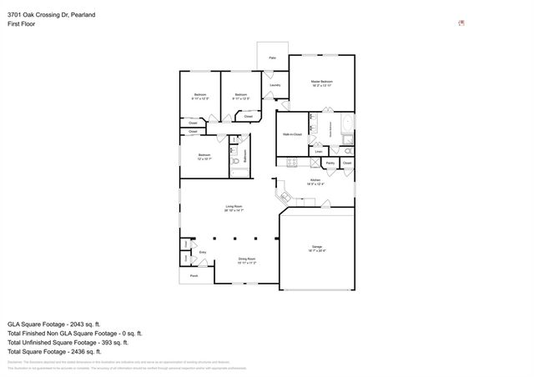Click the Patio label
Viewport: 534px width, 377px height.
(x=272, y=58)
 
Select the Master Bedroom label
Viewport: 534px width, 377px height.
(x=322, y=82)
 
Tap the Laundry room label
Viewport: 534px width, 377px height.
(x=275, y=85)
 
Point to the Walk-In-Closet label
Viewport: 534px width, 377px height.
(x=292, y=133)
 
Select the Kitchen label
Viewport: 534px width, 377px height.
(x=315, y=180)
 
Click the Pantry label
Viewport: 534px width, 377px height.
(x=330, y=163)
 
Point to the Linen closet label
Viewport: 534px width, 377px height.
(x=318, y=152)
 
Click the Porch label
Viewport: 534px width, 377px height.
(x=194, y=274)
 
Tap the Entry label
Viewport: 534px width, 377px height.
(x=202, y=252)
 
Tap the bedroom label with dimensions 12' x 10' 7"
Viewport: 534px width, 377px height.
(x=204, y=156)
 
